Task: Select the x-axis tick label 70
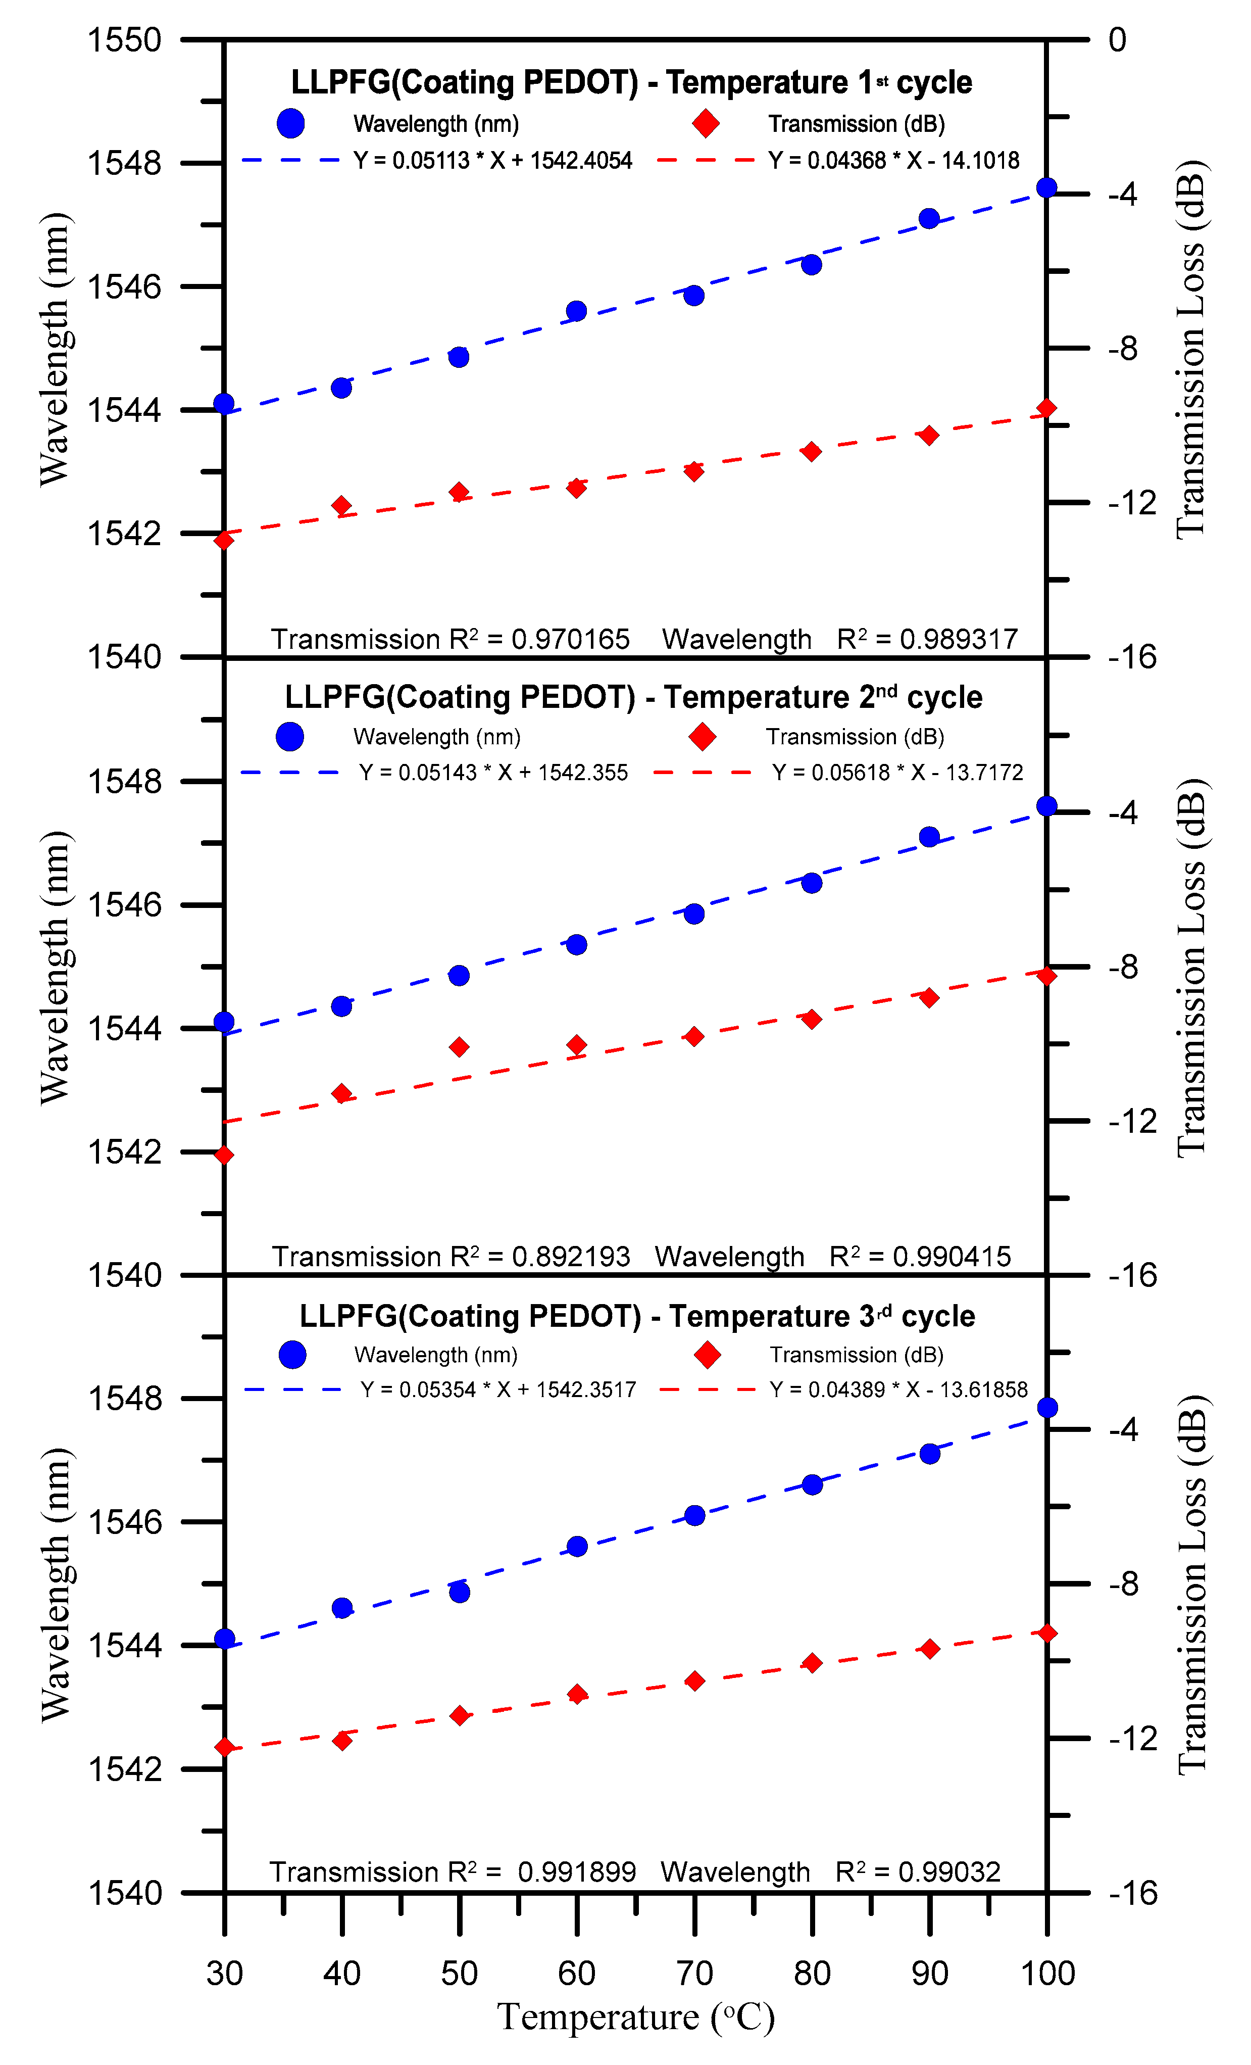[694, 1973]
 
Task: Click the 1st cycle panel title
[631, 82]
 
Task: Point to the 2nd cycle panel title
[633, 697]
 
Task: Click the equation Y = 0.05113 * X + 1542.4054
[493, 160]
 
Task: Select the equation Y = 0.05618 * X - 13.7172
[897, 772]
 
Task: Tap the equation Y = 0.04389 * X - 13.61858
[898, 1389]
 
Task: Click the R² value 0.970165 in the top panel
[570, 640]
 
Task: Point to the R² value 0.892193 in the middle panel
[571, 1257]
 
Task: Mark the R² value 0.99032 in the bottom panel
[949, 1872]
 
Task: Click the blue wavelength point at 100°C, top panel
[1046, 188]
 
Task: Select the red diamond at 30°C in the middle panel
[224, 1156]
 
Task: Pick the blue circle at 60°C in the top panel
[576, 311]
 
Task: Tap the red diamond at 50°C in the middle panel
[459, 1047]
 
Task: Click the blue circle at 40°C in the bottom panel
[342, 1607]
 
